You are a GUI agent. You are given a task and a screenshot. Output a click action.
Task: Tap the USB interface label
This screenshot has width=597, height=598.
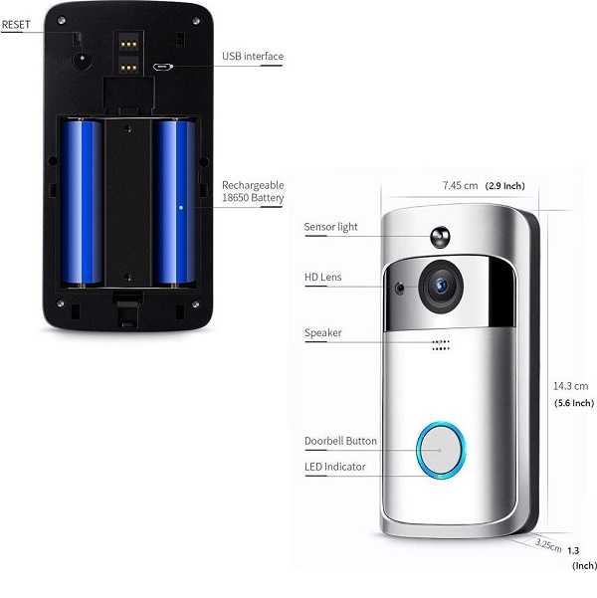[x=252, y=57]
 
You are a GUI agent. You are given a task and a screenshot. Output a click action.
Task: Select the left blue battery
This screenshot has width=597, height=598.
[x=82, y=202]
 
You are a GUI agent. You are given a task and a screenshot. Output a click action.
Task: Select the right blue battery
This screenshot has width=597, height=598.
[x=174, y=202]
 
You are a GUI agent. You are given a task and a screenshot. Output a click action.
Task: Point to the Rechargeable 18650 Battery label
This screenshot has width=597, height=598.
[x=253, y=192]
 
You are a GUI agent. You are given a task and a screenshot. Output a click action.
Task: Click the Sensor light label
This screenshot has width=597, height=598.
[x=330, y=227]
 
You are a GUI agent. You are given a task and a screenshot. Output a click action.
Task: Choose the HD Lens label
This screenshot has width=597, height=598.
[x=322, y=277]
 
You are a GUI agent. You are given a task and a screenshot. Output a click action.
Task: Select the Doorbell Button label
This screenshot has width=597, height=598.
[x=339, y=440]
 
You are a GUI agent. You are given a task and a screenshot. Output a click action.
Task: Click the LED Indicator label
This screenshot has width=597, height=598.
[x=334, y=466]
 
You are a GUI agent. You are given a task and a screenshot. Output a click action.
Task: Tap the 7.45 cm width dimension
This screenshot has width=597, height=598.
[x=461, y=186]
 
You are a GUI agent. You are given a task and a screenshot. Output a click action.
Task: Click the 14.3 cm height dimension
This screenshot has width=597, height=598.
[x=571, y=385]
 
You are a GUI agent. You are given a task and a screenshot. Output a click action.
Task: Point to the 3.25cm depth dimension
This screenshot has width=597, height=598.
[x=548, y=545]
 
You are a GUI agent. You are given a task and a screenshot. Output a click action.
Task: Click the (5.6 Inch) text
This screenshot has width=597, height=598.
[x=573, y=403]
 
